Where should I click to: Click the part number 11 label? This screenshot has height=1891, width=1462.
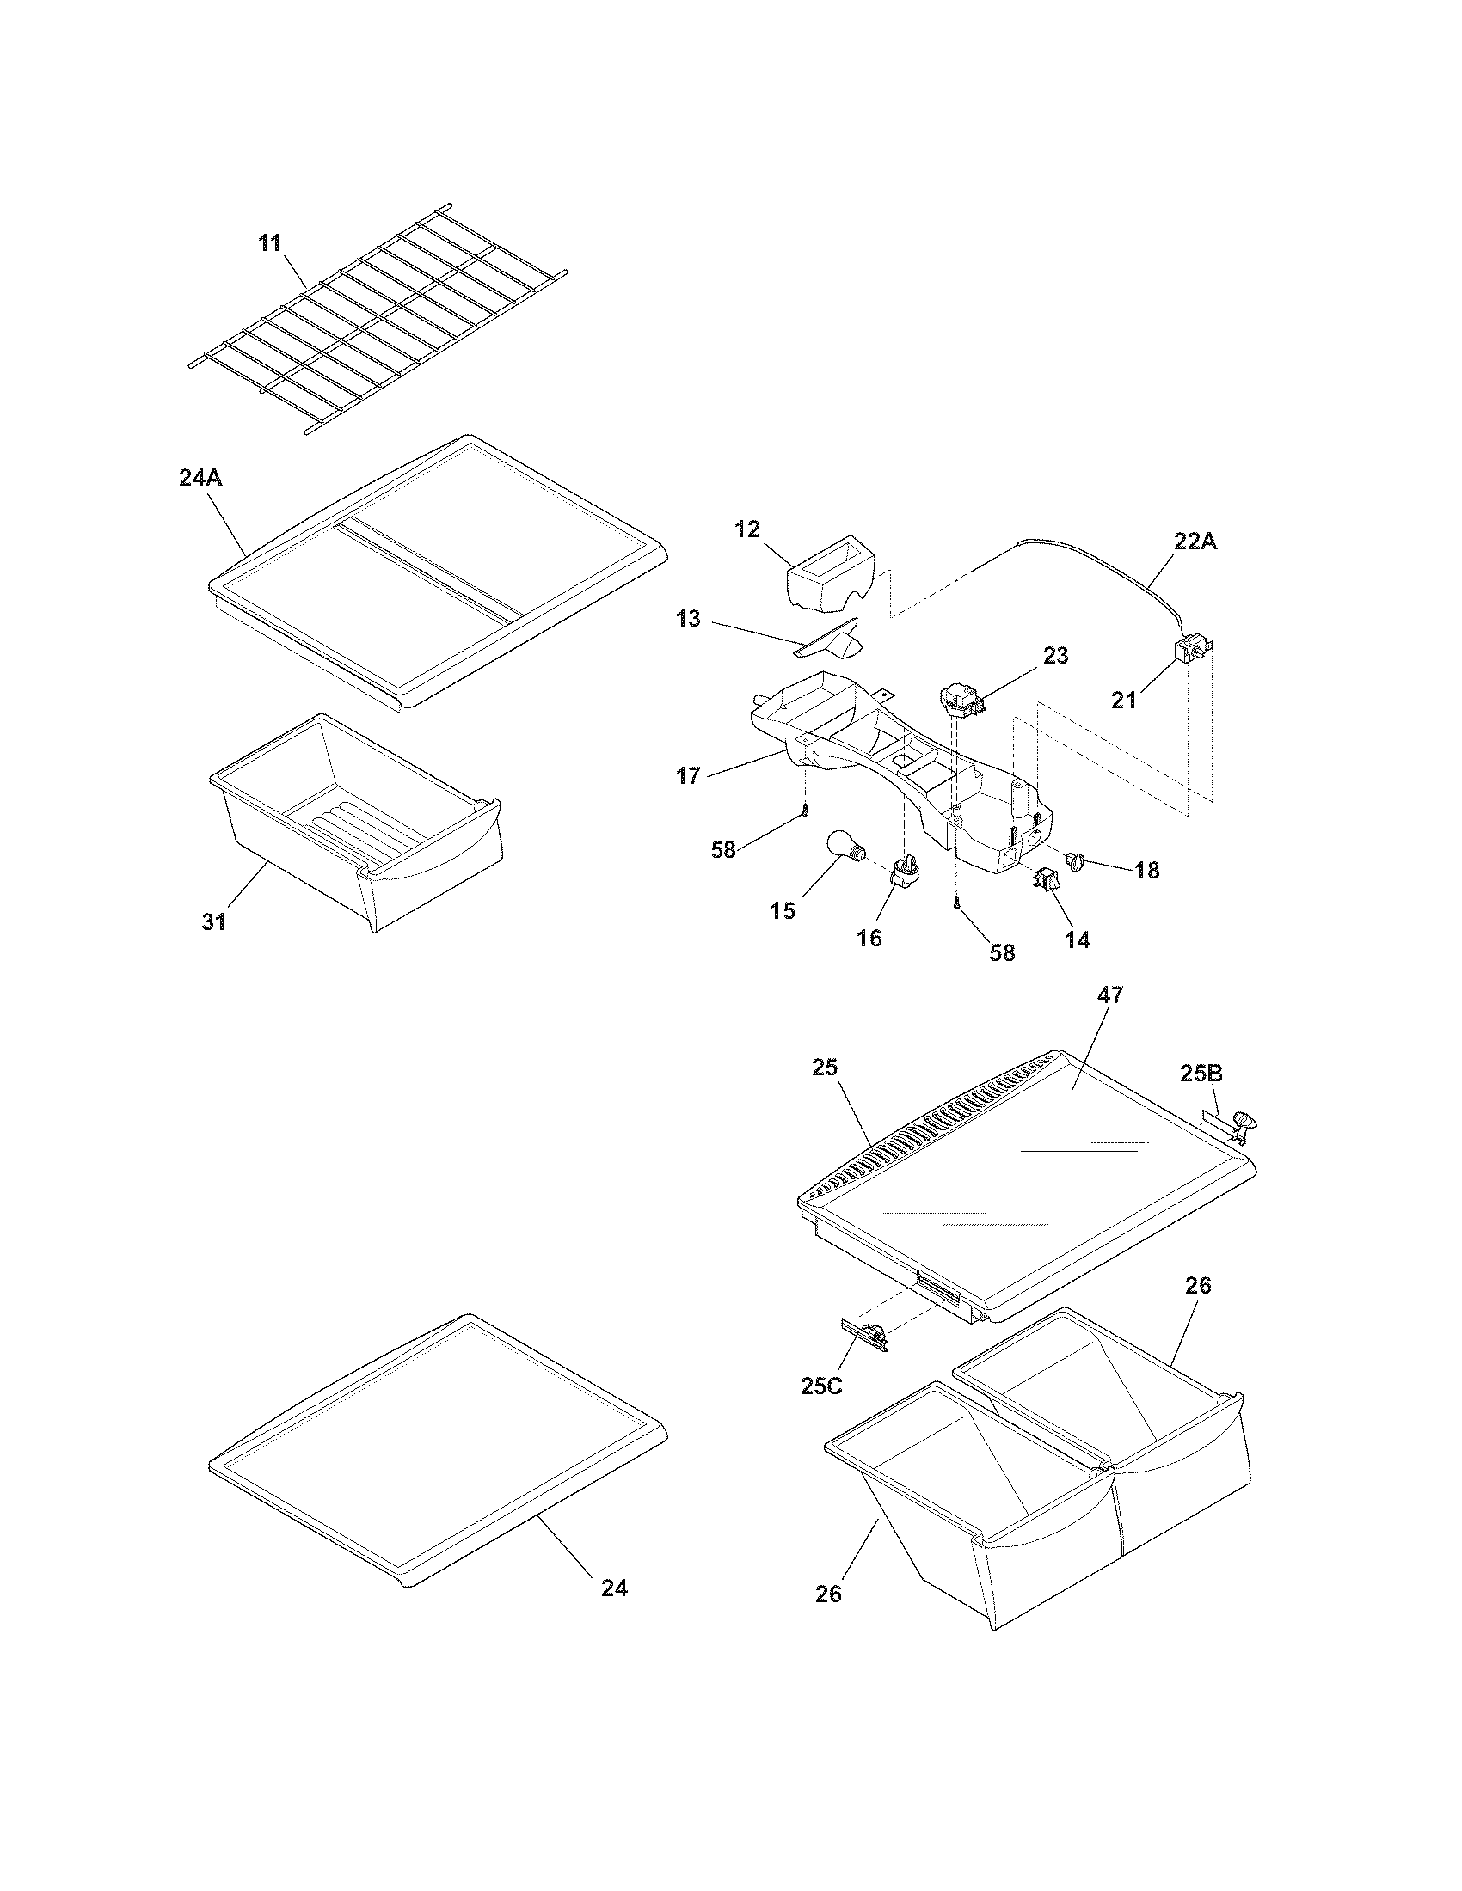[269, 243]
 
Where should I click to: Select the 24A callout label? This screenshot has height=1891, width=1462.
[201, 478]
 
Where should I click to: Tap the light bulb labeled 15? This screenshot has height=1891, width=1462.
[841, 846]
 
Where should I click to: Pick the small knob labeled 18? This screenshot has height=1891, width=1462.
[1078, 860]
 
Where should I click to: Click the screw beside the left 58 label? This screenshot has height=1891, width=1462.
[805, 810]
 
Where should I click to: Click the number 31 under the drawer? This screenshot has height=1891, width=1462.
[214, 923]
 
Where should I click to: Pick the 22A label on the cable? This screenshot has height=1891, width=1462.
[1195, 542]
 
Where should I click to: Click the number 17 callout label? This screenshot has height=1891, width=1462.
[689, 776]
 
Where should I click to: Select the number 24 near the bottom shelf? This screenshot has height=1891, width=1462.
[614, 1588]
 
